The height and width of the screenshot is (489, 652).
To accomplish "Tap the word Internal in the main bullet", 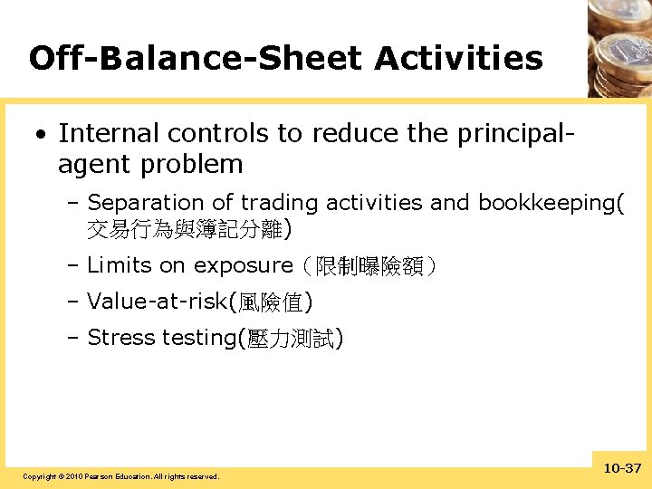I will click(101, 133).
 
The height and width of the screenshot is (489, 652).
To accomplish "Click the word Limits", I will click(119, 265).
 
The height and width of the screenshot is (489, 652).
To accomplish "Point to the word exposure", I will click(244, 265).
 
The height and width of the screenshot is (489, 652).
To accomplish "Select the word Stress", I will click(121, 338).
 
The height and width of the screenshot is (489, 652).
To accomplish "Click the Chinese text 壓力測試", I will click(289, 339).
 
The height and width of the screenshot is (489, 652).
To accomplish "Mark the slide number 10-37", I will click(620, 468).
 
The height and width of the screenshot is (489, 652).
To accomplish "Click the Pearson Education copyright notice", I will click(120, 476).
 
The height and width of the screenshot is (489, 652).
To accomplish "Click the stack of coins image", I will click(619, 45).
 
